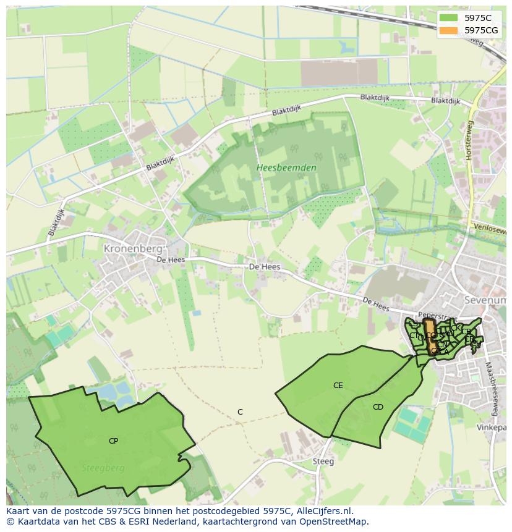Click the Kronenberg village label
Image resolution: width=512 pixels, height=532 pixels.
click(133, 248)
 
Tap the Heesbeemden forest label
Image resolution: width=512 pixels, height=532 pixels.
click(286, 167)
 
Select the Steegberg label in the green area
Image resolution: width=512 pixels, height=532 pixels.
click(103, 468)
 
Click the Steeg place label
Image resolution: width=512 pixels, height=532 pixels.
click(323, 461)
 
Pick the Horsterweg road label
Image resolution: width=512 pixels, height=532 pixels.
click(469, 141)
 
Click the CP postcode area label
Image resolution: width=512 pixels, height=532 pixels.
click(113, 441)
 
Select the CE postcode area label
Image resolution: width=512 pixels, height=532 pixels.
click(338, 385)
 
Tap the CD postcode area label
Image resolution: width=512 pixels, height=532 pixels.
click(378, 407)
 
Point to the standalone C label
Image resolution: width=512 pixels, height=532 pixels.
click(240, 412)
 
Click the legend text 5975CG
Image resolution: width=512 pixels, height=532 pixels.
click(481, 30)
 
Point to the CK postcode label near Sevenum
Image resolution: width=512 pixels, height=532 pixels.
click(456, 327)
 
